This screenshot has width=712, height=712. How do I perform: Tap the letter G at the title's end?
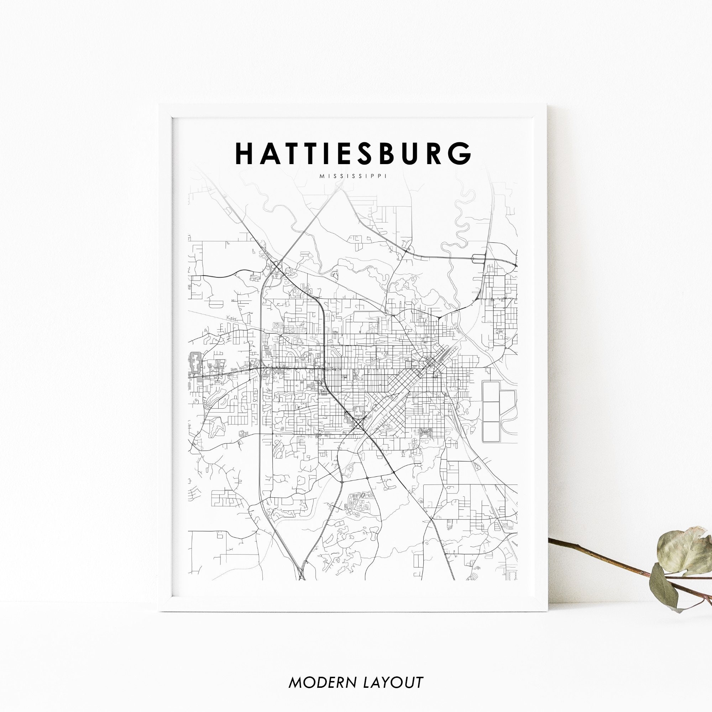461,154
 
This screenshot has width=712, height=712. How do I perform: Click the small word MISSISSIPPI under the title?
353,177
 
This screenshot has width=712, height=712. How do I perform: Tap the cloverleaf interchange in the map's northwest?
277,265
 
